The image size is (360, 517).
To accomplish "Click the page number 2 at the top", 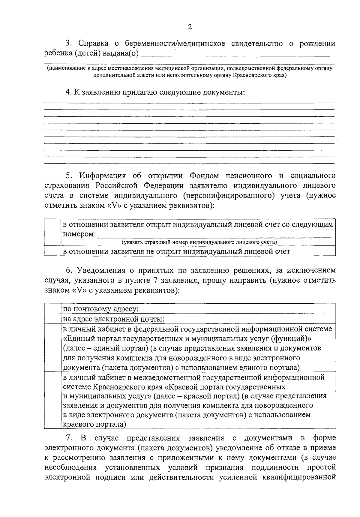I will (x=189, y=27).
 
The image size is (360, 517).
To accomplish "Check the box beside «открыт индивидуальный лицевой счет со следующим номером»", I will (x=53, y=232).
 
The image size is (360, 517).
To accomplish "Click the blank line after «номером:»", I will (x=214, y=235).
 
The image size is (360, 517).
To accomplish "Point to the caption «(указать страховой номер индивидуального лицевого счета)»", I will (x=199, y=242).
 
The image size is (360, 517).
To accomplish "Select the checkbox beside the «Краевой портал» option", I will (x=53, y=400).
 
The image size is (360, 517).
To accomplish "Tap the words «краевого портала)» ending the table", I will (x=94, y=425).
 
